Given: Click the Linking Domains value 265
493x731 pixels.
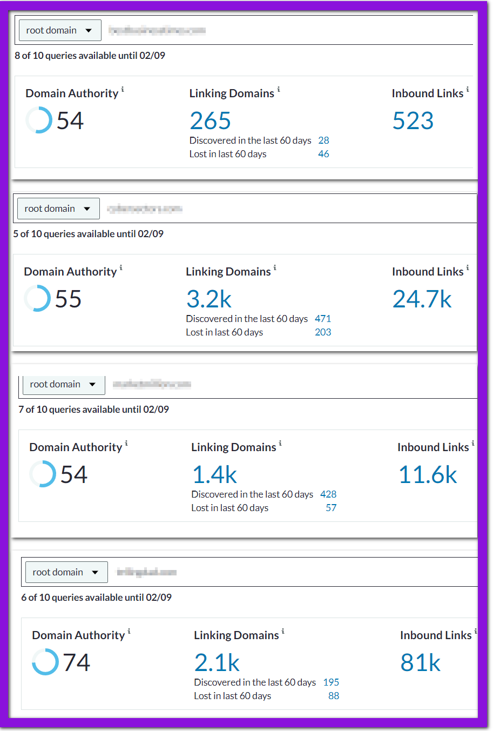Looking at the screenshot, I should [x=210, y=121].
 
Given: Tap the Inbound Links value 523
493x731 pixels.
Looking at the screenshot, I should [x=413, y=121].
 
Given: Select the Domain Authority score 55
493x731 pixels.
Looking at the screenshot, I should [x=68, y=299].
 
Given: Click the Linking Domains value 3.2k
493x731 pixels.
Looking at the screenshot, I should [x=208, y=299].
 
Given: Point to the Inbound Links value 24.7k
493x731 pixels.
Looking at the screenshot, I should [x=422, y=299].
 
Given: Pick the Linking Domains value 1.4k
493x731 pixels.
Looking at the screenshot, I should [x=214, y=475].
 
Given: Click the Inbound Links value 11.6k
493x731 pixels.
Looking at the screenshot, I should [x=428, y=475].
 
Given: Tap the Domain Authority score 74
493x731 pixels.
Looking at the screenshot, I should [x=76, y=663].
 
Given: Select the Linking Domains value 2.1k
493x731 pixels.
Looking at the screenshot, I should [x=217, y=663].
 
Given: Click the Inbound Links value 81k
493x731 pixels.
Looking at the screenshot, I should [x=420, y=663].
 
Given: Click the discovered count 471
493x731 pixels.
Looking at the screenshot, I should [x=323, y=319].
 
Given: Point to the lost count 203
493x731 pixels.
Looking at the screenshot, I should [x=323, y=332].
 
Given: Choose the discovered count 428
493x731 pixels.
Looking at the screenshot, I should [x=328, y=494].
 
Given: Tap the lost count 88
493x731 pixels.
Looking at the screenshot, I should [x=334, y=696].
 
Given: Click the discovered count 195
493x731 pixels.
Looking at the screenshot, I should [x=331, y=682].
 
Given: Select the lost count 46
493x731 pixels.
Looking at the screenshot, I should [x=323, y=154].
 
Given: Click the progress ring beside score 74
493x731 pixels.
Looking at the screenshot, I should [x=45, y=662].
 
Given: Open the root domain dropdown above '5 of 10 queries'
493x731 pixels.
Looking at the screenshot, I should [x=58, y=209].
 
